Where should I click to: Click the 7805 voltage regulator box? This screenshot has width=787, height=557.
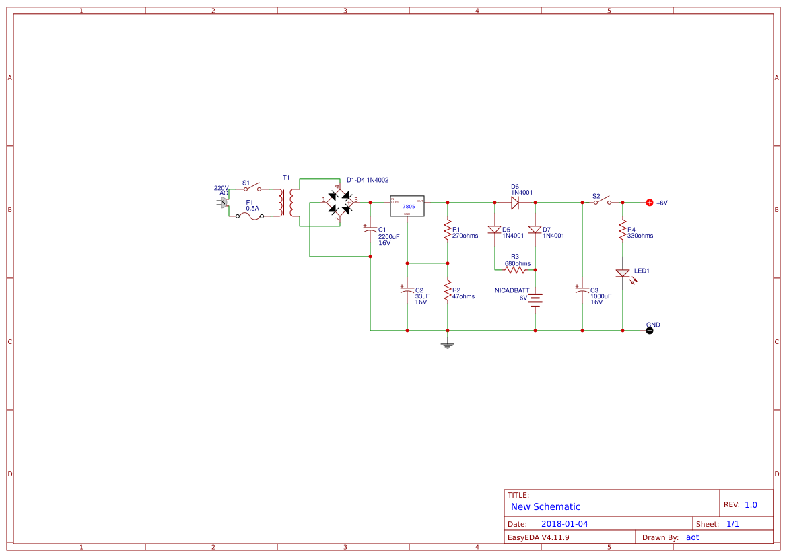point(407,206)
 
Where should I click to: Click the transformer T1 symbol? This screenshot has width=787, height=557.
point(291,202)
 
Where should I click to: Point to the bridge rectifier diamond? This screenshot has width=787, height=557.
point(339,202)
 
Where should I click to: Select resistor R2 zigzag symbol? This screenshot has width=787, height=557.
point(447,290)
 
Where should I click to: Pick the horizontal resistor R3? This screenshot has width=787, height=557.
point(515,270)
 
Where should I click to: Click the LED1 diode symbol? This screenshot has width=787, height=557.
point(623,273)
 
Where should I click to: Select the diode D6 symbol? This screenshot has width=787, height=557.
point(515,202)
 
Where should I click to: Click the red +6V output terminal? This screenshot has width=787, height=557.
point(650,203)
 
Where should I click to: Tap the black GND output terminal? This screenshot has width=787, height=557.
point(650,331)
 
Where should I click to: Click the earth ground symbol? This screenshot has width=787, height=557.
point(447,345)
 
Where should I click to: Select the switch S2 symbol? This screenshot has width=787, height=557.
point(602,201)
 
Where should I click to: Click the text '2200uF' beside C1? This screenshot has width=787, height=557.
point(388,236)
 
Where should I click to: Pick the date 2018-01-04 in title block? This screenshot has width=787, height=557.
point(564,523)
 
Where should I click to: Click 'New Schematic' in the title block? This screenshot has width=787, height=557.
point(545,506)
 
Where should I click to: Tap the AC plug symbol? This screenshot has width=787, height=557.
point(224,203)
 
